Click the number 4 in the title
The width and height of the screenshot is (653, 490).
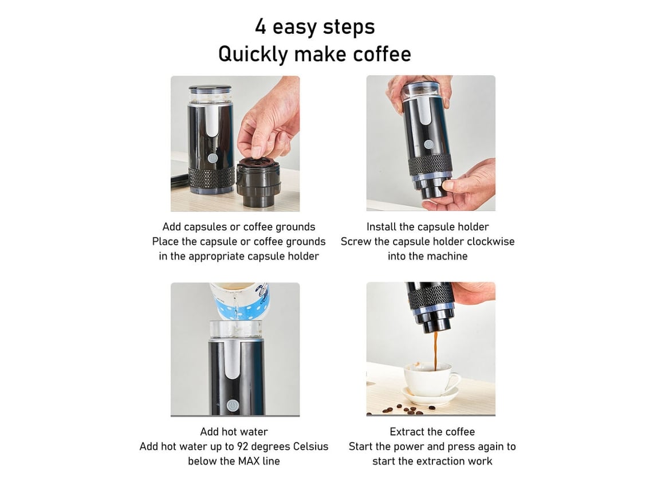261,26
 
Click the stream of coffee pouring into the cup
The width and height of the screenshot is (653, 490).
435,351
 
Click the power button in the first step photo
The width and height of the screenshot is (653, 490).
213,158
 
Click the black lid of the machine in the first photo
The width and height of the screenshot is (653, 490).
210,89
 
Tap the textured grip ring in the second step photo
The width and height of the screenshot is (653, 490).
430,164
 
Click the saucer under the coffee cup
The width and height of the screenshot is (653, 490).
431,395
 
